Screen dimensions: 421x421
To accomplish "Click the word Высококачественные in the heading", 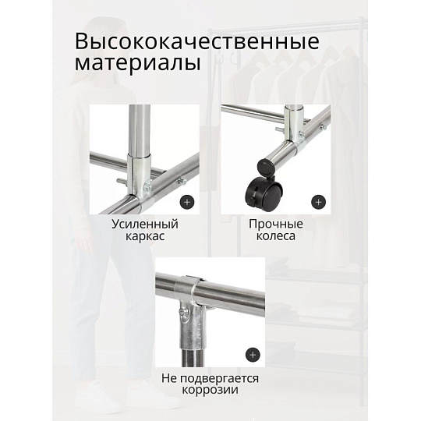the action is click(197, 41).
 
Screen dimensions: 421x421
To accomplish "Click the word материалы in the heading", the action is click(138, 64).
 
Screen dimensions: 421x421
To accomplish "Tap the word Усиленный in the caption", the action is click(145, 225).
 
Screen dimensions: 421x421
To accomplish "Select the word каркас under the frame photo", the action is click(145, 237).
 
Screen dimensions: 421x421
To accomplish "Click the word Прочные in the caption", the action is click(276, 225).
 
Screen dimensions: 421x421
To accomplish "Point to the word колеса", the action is click(276, 236).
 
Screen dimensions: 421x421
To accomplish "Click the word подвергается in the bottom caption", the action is click(219, 379).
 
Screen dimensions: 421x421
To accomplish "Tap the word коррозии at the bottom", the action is click(210, 390).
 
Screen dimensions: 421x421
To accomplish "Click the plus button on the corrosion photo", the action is click(253, 356).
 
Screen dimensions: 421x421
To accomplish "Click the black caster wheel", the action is click(264, 195).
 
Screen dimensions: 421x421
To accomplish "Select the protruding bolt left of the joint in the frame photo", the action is click(121, 180).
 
